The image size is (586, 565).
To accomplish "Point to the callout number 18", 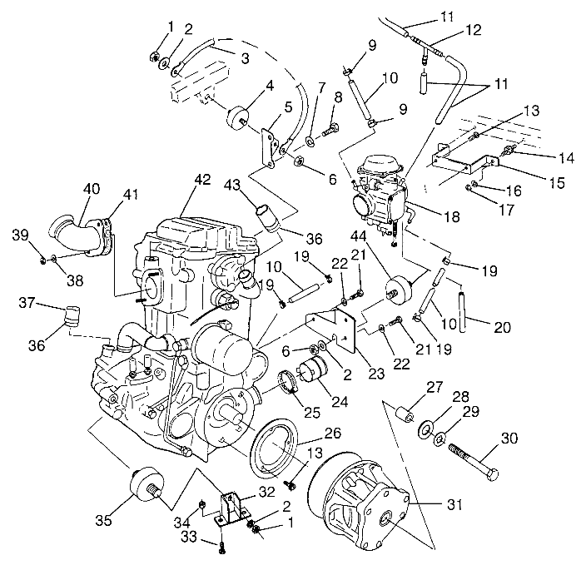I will point(452,216).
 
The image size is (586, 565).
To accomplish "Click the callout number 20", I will point(501,327).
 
